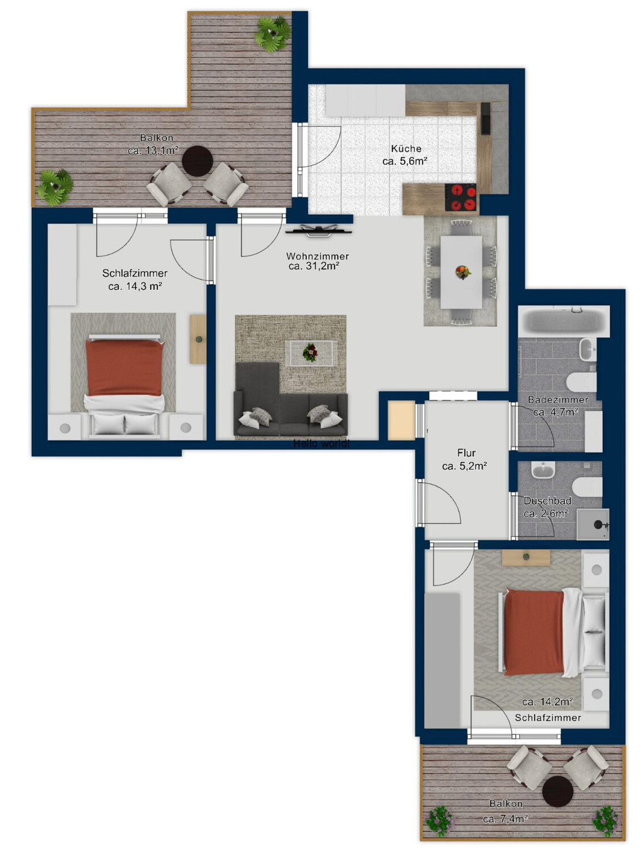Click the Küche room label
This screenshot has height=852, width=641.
click(x=406, y=149)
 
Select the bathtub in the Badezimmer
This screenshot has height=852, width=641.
click(x=564, y=322)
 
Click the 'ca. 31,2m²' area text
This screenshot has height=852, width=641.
click(x=314, y=266)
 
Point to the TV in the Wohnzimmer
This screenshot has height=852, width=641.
click(x=318, y=230)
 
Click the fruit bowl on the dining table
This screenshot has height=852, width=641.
click(x=463, y=272)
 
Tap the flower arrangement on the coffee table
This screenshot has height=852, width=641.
click(x=310, y=352)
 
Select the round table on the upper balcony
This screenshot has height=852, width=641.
click(x=197, y=161)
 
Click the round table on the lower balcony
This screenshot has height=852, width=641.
click(x=557, y=791)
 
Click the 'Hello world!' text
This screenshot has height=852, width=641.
click(x=321, y=444)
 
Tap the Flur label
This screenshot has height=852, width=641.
click(x=466, y=453)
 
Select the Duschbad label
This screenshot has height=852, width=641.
click(x=547, y=501)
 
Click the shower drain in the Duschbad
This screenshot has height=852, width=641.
click(x=598, y=525)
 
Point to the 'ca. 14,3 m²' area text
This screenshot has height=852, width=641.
click(x=135, y=286)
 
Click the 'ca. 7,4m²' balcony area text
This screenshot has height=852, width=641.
click(x=505, y=819)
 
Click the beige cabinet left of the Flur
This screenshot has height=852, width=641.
click(x=401, y=420)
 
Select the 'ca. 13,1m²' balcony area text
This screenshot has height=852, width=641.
click(x=153, y=151)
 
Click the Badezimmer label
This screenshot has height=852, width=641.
click(x=557, y=400)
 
